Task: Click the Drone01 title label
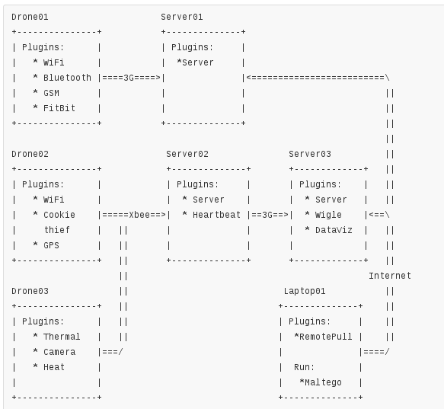(x=30, y=17)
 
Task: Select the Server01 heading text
(x=182, y=17)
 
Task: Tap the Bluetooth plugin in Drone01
(x=67, y=78)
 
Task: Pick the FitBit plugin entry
(x=59, y=108)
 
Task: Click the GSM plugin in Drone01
(x=51, y=93)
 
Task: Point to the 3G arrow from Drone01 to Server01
(x=131, y=78)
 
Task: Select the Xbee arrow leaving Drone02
(x=134, y=215)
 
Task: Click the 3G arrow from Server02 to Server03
(x=270, y=215)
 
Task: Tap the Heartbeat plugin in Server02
(x=216, y=215)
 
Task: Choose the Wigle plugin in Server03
(x=328, y=215)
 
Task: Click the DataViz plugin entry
(x=334, y=230)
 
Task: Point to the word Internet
(x=390, y=276)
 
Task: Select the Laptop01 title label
(x=305, y=291)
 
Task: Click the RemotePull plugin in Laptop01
(x=326, y=337)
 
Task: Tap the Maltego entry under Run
(x=323, y=382)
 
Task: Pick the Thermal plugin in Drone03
(x=62, y=337)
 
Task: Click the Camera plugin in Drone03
(x=59, y=352)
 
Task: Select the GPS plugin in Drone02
(x=51, y=245)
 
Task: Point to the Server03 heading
(x=310, y=154)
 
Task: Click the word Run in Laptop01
(x=304, y=367)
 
